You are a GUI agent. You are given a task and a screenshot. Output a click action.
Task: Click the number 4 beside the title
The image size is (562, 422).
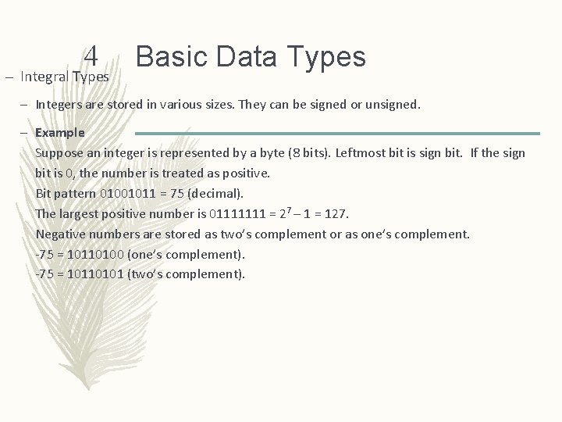tap(91, 56)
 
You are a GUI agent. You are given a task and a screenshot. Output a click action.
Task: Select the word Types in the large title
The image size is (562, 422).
tap(326, 56)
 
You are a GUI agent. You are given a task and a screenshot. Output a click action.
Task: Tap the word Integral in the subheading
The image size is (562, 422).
tap(45, 77)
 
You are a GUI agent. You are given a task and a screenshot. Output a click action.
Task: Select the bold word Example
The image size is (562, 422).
tap(60, 133)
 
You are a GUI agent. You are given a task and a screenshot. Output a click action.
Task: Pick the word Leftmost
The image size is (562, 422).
tap(362, 152)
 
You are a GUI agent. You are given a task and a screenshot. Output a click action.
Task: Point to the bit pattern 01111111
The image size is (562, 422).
tap(237, 213)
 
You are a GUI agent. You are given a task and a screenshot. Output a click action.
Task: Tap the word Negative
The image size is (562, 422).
tap(62, 234)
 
